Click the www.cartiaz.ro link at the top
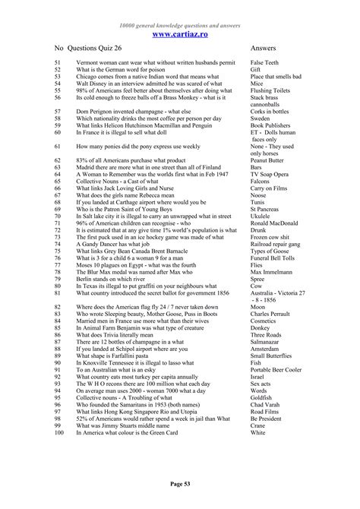coord(180,34)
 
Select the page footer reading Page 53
coord(180,483)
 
